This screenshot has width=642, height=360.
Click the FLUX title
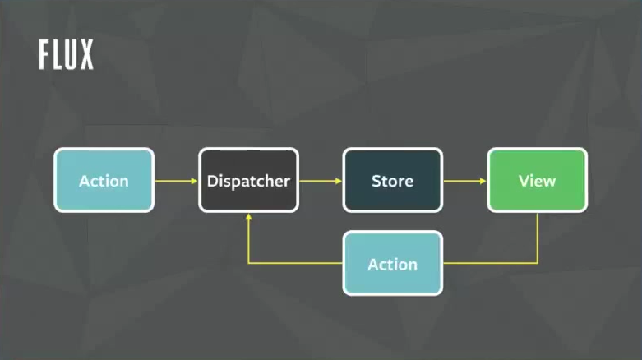click(66, 54)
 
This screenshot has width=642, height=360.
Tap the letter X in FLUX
click(85, 54)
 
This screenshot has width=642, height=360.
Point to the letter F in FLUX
click(44, 54)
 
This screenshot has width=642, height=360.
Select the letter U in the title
click(71, 54)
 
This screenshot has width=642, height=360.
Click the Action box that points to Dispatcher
click(104, 180)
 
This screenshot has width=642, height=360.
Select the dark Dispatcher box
click(248, 180)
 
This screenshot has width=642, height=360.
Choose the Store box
click(392, 180)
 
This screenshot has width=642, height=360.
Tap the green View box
click(537, 180)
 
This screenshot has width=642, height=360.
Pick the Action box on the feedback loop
click(392, 264)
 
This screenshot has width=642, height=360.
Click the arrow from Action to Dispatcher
click(175, 180)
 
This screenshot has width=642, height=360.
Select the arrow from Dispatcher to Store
click(320, 180)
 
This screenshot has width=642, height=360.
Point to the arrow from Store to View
click(464, 180)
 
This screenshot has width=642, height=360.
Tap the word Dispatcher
click(248, 181)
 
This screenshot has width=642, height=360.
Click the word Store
click(392, 181)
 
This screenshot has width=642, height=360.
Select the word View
click(537, 181)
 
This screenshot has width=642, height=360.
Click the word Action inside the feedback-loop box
click(392, 265)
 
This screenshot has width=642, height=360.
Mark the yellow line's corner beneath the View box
click(537, 264)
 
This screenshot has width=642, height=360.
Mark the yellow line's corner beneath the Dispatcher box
click(248, 264)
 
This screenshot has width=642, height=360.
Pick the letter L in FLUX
click(58, 54)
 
